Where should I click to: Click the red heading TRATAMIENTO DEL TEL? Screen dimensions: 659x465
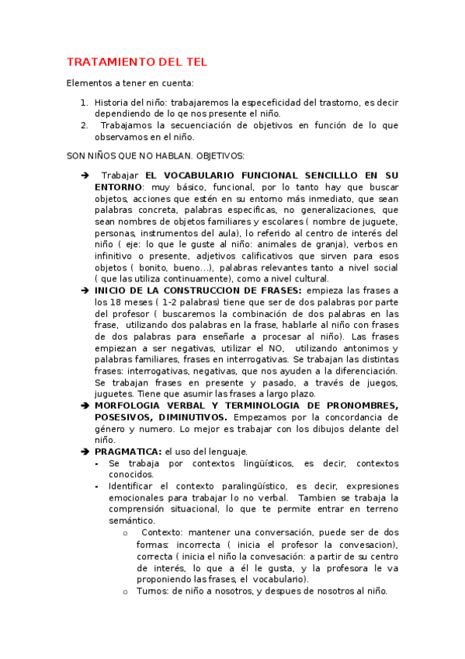point(137,62)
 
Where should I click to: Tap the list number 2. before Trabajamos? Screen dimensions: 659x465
point(84,124)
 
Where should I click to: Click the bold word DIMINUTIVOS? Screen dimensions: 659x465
point(190,417)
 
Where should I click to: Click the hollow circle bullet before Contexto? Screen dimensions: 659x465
point(126,532)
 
